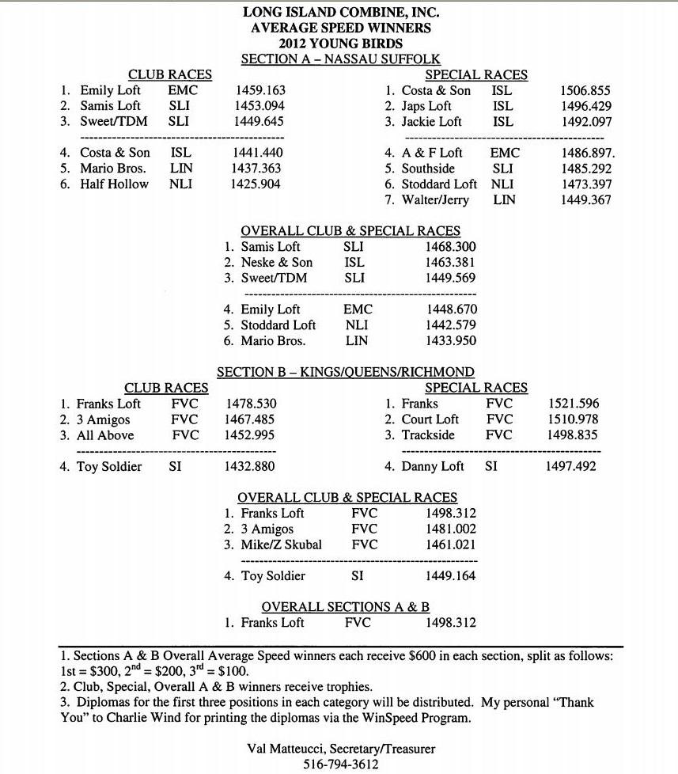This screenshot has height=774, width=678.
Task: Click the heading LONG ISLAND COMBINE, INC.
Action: [340, 12]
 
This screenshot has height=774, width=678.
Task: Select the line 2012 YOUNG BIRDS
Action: [340, 44]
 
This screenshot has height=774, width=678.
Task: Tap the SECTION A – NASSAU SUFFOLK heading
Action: [340, 59]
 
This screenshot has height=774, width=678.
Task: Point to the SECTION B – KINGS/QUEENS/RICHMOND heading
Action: [346, 372]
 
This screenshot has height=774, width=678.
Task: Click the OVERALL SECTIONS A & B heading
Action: [346, 607]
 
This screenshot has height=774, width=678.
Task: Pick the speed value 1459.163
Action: [260, 90]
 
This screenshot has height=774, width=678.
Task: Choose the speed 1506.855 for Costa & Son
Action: [585, 91]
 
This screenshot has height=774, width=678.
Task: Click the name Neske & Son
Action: [276, 262]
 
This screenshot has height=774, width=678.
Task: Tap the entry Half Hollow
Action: [114, 184]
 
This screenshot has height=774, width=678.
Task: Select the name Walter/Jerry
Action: [435, 199]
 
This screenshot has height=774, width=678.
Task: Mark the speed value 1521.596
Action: [574, 404]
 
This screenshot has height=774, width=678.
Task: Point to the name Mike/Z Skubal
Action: [283, 544]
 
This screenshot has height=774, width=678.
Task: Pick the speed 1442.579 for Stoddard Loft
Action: [451, 325]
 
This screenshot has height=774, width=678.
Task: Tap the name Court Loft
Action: [430, 419]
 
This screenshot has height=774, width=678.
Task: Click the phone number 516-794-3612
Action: [341, 765]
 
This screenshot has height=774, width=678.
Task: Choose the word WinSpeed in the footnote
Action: [372, 719]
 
